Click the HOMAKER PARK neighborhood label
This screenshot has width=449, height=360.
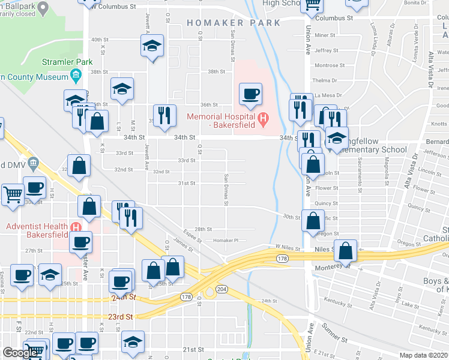pyautogui.click(x=234, y=23)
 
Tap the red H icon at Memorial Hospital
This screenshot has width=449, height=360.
pyautogui.click(x=262, y=120)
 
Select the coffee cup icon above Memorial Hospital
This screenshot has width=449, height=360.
pyautogui.click(x=250, y=94)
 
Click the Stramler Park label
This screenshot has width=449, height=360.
pyautogui.click(x=67, y=62)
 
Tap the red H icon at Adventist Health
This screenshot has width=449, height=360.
pyautogui.click(x=75, y=227)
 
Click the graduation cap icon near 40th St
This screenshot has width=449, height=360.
pyautogui.click(x=152, y=45)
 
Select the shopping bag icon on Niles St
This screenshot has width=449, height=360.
pyautogui.click(x=346, y=251)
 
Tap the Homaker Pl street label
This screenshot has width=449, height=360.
pyautogui.click(x=226, y=241)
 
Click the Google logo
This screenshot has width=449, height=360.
pyautogui.click(x=20, y=353)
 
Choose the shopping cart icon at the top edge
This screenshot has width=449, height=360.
pyautogui.click(x=312, y=5)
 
